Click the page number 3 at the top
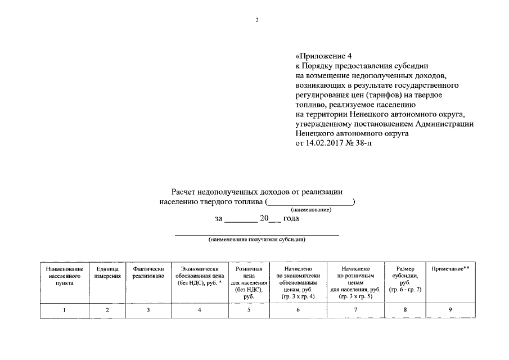256,20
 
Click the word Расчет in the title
185,192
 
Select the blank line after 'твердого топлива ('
310,201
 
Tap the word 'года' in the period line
290,218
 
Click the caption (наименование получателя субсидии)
256,239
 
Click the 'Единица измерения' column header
107,273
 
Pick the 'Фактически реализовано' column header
148,273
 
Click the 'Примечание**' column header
450,269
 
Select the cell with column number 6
298,310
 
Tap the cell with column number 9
450,310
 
